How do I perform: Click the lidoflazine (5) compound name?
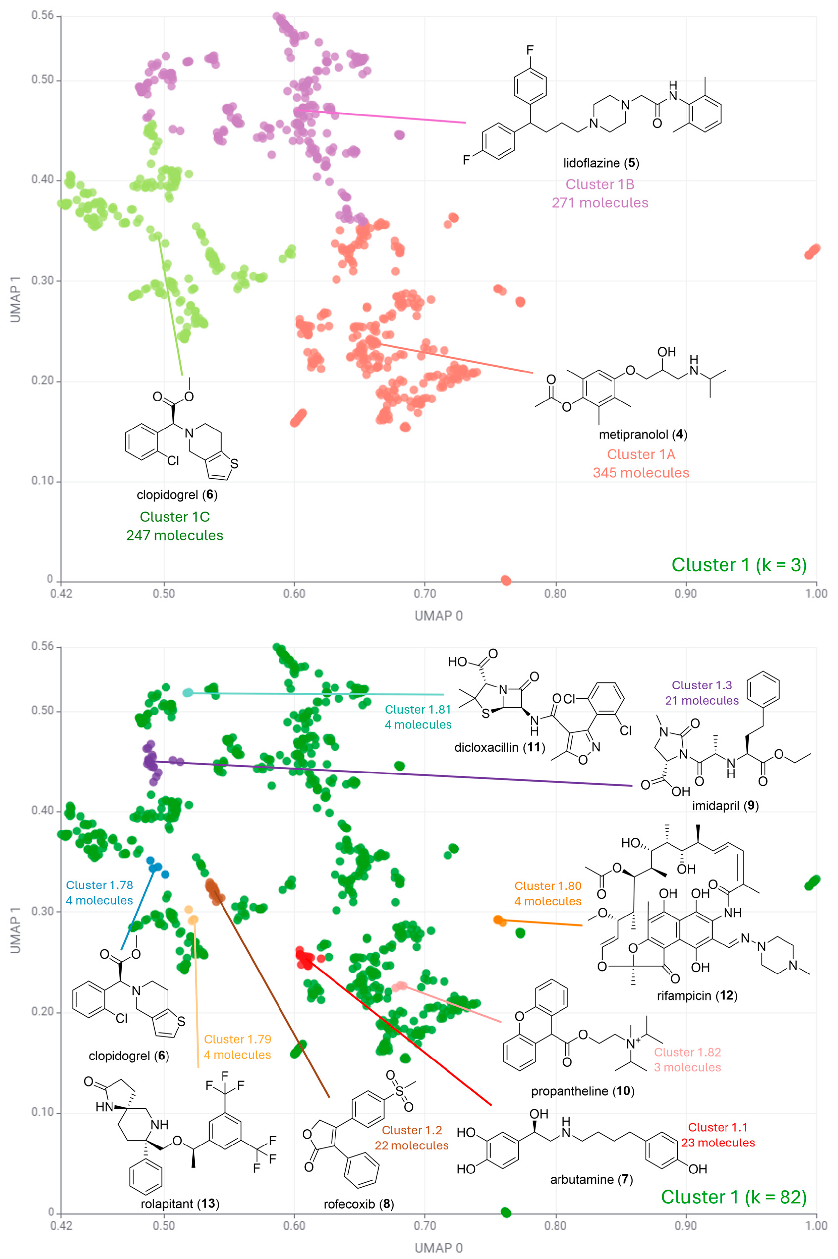click(x=601, y=163)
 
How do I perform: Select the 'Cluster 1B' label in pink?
click(x=600, y=184)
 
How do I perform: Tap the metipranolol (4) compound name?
click(x=642, y=435)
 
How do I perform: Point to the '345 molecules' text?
click(x=641, y=473)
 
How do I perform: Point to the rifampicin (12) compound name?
click(x=697, y=996)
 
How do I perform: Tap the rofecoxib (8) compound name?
click(x=358, y=1204)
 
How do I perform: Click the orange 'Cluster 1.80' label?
click(x=548, y=886)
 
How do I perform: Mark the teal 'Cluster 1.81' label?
click(x=418, y=709)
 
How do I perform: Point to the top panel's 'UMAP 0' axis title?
click(x=438, y=616)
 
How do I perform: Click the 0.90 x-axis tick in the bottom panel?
click(x=686, y=1225)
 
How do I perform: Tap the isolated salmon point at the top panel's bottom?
click(x=505, y=580)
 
